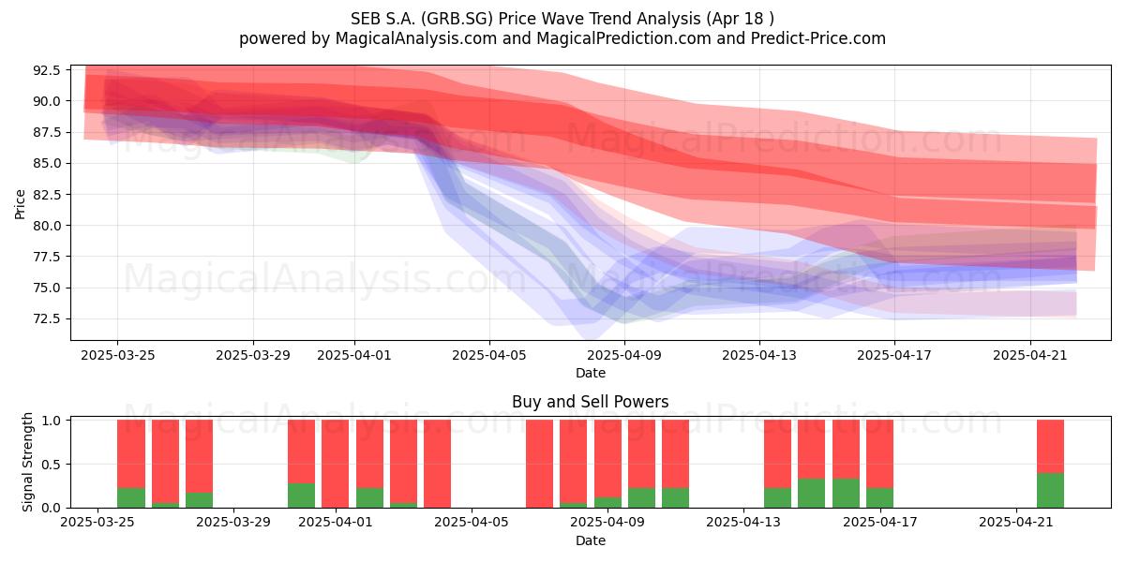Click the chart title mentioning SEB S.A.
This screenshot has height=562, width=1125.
point(562,19)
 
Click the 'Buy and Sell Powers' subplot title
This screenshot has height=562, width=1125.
point(590,402)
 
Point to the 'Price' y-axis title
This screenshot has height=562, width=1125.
point(20,204)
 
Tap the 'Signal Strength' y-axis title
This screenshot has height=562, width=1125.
point(27,462)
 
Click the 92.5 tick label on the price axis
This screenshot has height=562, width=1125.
point(46,70)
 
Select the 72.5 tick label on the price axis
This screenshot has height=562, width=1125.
point(46,319)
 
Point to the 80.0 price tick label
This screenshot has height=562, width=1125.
point(46,226)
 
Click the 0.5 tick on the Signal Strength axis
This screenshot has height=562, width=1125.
point(51,465)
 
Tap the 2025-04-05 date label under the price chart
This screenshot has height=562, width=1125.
point(488,355)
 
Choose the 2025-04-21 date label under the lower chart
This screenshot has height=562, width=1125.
point(1016,522)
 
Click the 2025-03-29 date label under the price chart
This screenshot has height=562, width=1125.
point(252,355)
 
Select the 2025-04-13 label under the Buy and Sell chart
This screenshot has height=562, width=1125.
point(743,522)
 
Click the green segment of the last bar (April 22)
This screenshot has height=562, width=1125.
point(1050,490)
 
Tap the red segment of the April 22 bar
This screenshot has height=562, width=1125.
point(1050,446)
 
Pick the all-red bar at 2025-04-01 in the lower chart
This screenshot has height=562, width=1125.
point(335,464)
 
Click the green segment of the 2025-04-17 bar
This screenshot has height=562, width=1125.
point(879,497)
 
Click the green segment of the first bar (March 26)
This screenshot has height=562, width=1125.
point(131,497)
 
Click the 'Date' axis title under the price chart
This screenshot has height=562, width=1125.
point(590,373)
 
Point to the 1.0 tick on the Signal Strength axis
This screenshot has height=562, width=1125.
point(51,420)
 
